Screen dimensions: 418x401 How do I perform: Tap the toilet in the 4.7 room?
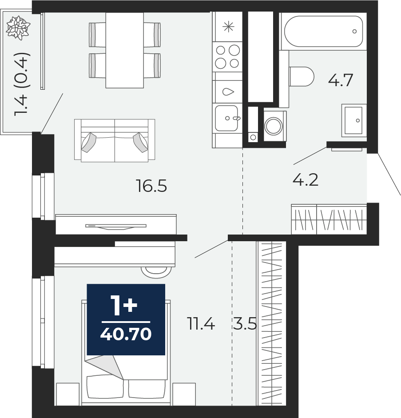tap(302, 76)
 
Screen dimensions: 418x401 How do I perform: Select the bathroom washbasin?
tap(354, 120)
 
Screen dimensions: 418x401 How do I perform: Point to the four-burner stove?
tap(227, 56)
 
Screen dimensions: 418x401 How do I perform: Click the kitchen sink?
tap(227, 118)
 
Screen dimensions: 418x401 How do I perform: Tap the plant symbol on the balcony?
tap(18, 27)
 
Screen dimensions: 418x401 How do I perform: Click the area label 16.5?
tap(151, 186)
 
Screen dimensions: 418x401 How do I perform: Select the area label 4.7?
tap(340, 80)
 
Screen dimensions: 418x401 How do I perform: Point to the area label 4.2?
tap(306, 180)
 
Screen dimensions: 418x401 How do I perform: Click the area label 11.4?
tap(201, 325)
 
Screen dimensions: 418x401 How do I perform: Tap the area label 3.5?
tap(245, 325)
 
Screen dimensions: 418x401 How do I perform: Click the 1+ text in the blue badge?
tap(124, 306)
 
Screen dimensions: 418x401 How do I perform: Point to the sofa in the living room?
tap(115, 141)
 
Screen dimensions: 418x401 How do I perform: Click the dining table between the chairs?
tap(124, 50)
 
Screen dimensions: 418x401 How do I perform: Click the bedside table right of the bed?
tap(184, 394)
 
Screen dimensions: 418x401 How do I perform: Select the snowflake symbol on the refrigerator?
tap(228, 27)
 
